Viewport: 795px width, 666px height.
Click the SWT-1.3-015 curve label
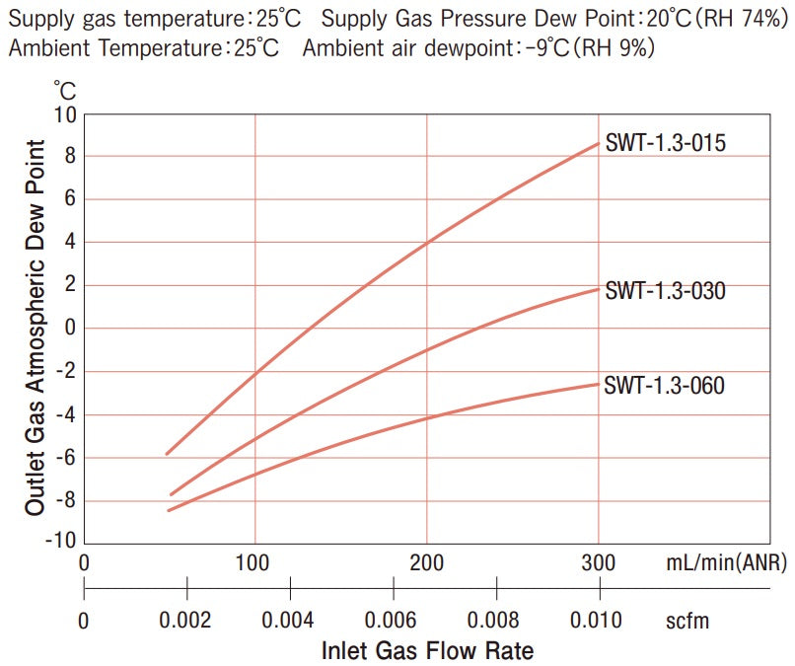[x=665, y=144]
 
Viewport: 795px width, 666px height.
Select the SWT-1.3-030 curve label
[x=665, y=291]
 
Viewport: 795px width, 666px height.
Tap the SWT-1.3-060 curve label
[x=665, y=386]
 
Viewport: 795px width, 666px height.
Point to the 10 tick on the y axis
[x=66, y=113]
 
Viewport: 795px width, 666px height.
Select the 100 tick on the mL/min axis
[x=254, y=564]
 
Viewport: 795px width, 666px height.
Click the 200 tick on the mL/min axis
[x=426, y=564]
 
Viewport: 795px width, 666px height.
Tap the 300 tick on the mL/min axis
[x=598, y=564]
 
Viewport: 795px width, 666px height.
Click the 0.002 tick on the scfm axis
[x=186, y=620]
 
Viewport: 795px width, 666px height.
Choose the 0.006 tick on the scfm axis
[x=393, y=620]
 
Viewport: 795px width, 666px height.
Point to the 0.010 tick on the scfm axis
[x=598, y=620]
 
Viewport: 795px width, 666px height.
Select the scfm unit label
[x=687, y=620]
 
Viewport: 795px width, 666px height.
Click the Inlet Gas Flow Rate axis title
[x=427, y=650]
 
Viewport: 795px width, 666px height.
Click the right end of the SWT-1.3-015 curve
[x=598, y=143]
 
